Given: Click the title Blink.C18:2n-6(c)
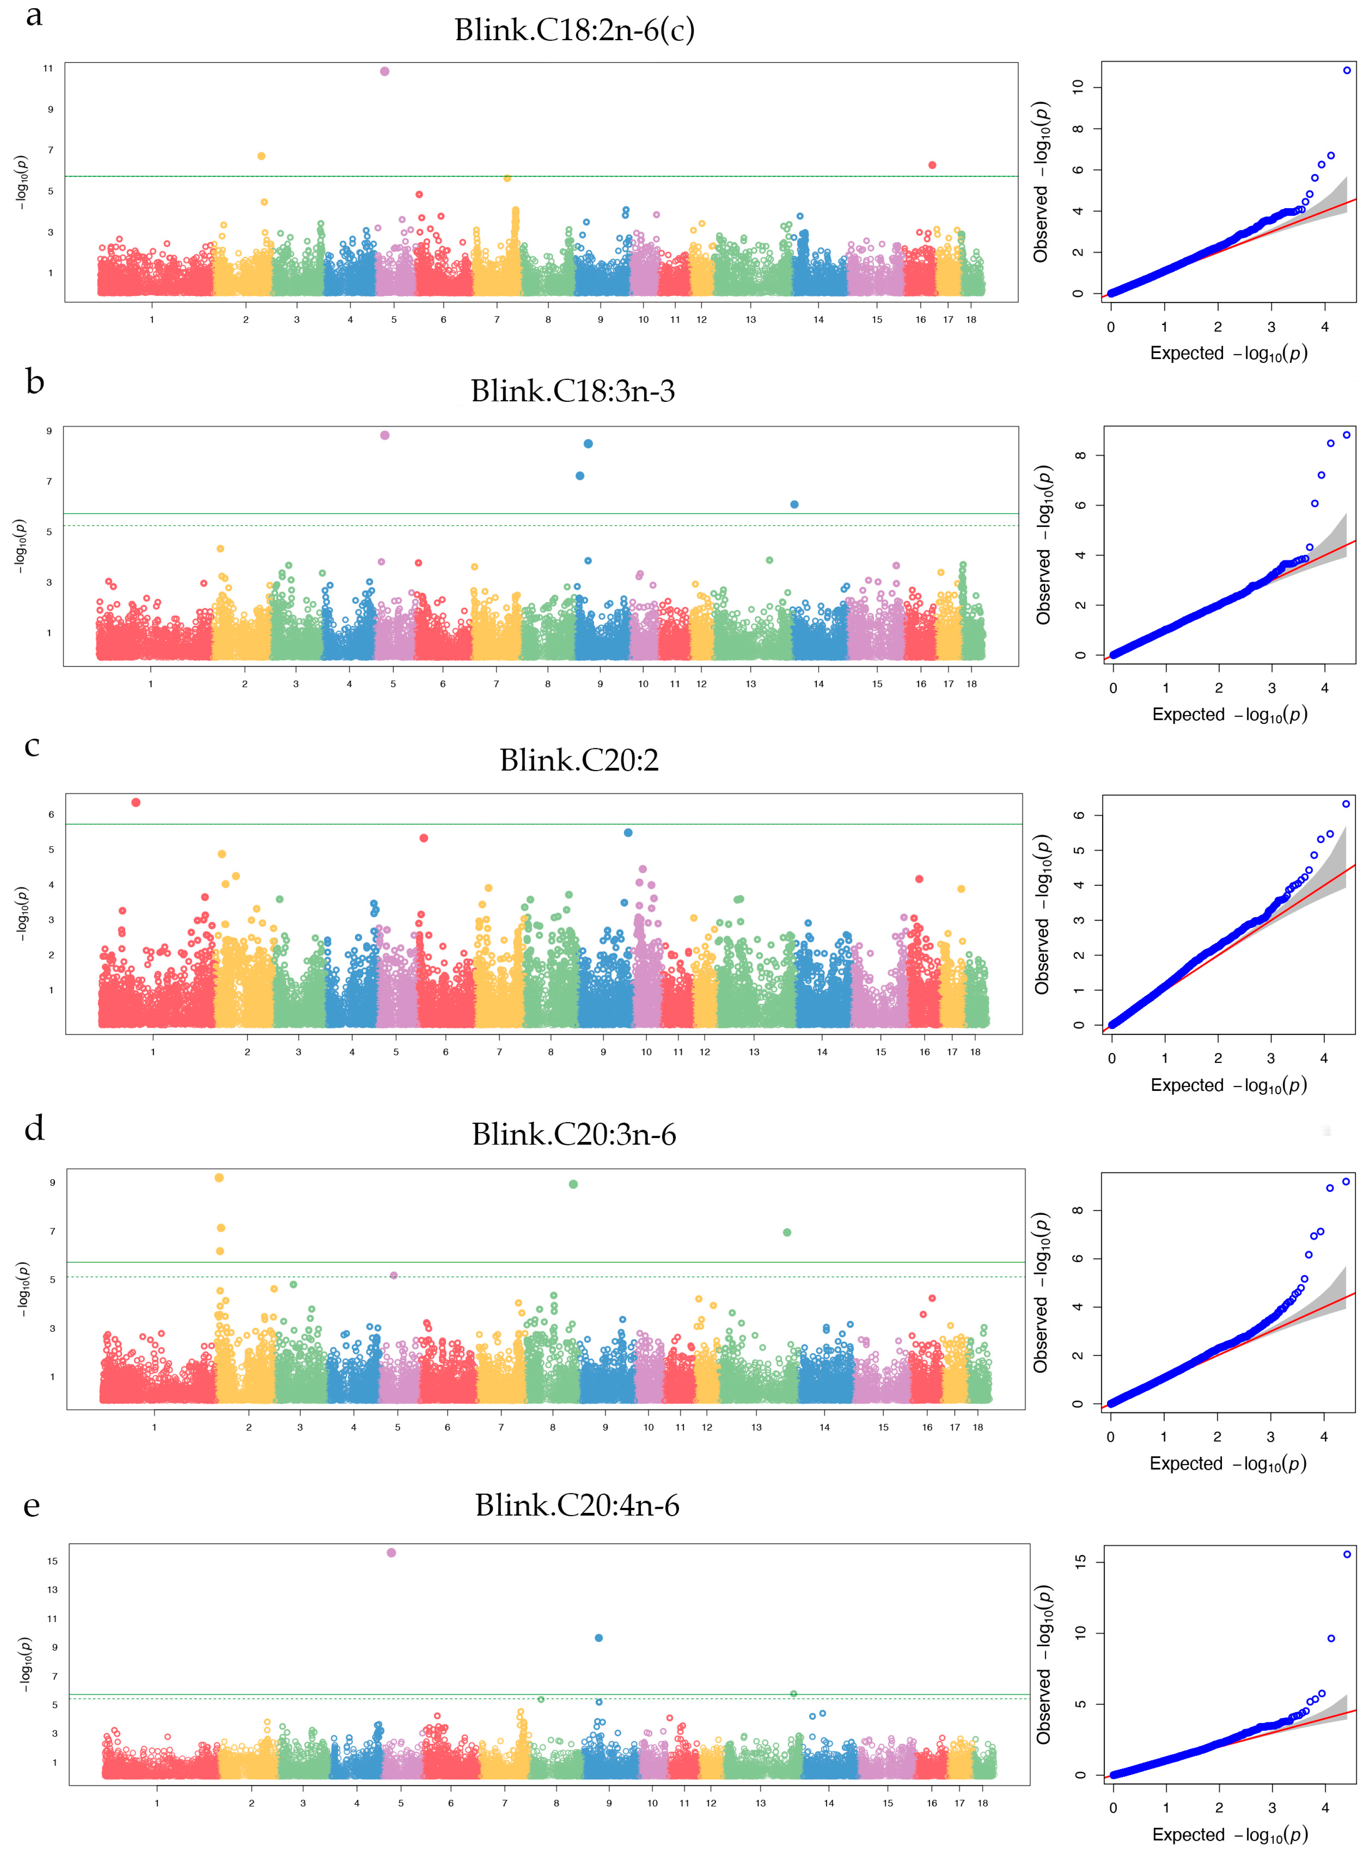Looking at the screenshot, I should (574, 30).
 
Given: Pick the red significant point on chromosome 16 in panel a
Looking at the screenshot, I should (932, 165).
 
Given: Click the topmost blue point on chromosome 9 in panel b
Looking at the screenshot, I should (588, 444).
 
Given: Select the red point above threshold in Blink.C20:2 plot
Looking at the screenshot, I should (136, 802).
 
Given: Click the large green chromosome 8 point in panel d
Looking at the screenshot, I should (573, 1184).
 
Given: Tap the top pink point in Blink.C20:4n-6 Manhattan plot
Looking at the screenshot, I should (391, 1552).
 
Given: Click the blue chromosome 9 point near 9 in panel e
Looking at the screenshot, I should (599, 1638).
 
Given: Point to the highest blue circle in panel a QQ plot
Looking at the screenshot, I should (1347, 71).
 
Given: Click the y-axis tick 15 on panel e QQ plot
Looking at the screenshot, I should (1080, 1561).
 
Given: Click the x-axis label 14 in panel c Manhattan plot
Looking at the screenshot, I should (822, 1052).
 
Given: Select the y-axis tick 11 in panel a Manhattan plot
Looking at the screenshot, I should (48, 68).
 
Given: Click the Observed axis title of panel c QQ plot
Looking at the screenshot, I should (1042, 914).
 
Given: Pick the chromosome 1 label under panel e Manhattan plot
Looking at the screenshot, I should (157, 1803).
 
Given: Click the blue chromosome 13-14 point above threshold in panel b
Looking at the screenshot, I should (794, 504).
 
